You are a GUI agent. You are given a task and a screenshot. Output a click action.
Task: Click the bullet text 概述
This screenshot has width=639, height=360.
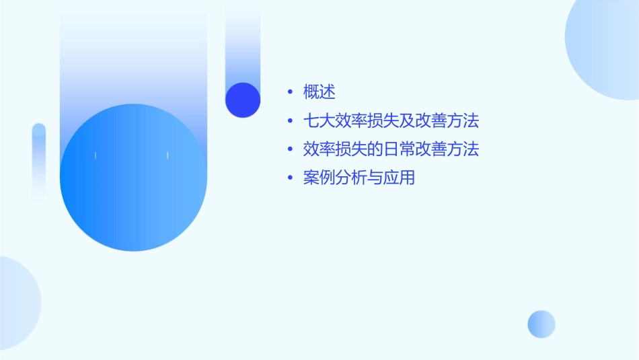point(319,92)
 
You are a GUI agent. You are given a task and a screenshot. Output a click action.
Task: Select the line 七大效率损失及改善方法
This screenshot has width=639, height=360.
point(391,121)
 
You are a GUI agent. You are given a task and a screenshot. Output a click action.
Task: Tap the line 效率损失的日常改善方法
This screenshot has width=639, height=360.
point(391,149)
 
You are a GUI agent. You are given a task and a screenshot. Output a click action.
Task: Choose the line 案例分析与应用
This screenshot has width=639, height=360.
point(359,178)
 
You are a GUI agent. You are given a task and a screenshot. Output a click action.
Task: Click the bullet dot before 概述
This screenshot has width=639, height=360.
point(290,92)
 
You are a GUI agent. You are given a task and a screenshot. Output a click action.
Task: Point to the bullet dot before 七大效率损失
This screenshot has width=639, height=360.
point(290,121)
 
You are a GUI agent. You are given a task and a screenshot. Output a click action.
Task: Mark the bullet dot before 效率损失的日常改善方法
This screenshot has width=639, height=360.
point(290,149)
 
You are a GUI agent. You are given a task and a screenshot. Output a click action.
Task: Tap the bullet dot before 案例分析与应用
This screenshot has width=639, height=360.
point(290,178)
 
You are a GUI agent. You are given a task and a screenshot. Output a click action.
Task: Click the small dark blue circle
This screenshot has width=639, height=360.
point(243,100)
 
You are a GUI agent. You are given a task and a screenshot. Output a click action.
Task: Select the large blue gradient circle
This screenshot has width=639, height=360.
point(133,178)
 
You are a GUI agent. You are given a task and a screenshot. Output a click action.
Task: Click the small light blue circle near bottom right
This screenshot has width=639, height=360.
point(541,324)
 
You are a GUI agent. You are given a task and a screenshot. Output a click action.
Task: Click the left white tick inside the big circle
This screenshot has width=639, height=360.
point(96,155)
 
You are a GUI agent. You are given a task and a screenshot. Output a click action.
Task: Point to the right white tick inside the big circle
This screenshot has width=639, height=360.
point(167,155)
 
